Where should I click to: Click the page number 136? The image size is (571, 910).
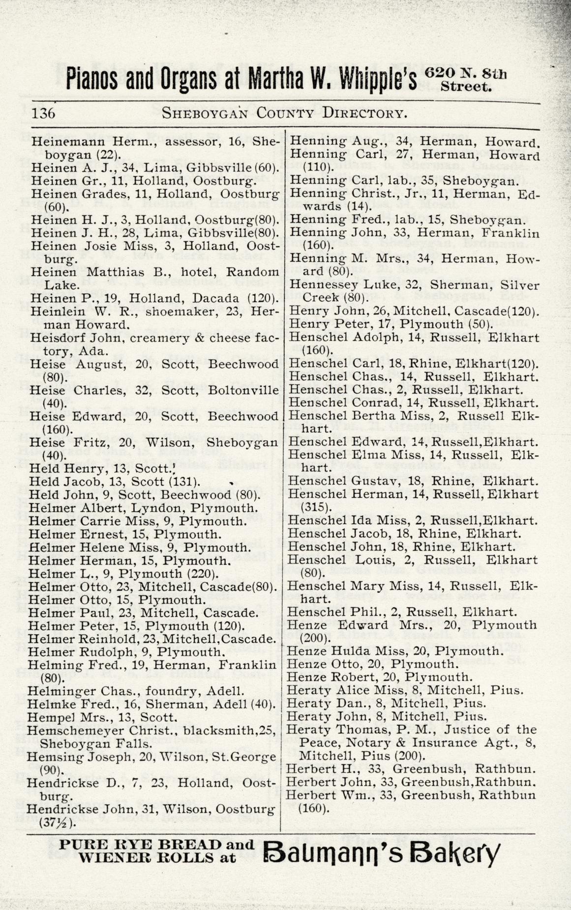coord(44,114)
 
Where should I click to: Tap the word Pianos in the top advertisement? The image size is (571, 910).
coord(92,78)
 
